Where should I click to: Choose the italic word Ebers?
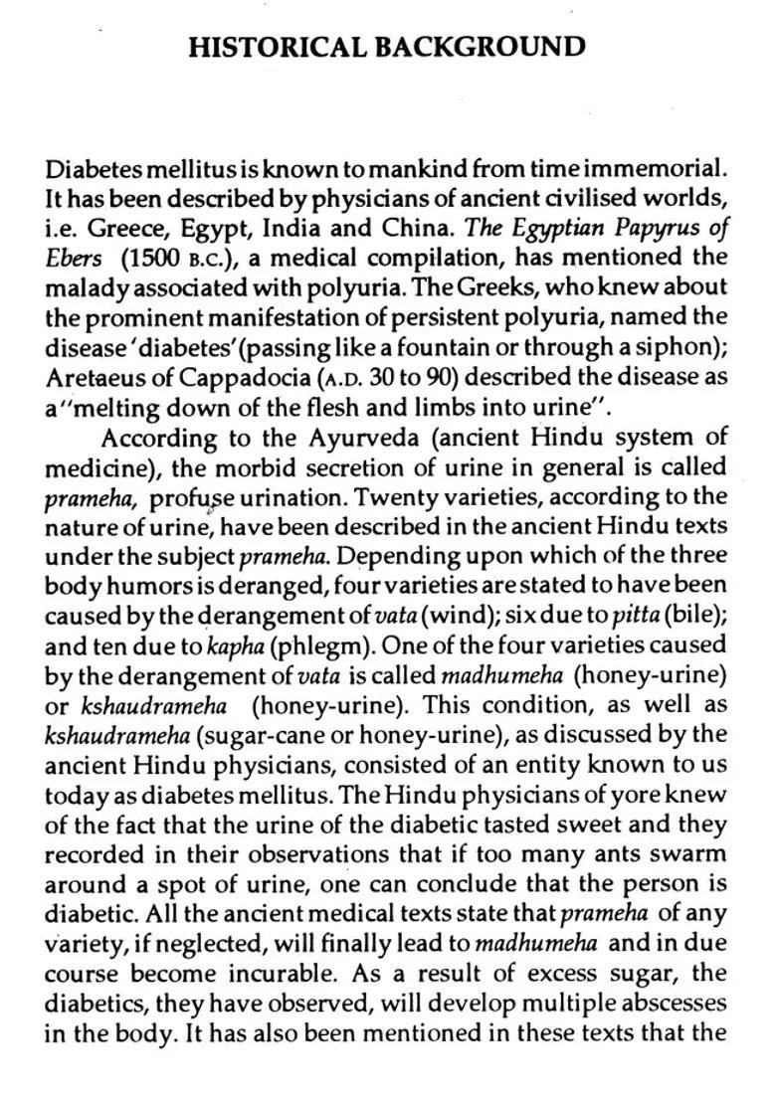pyautogui.click(x=74, y=257)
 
